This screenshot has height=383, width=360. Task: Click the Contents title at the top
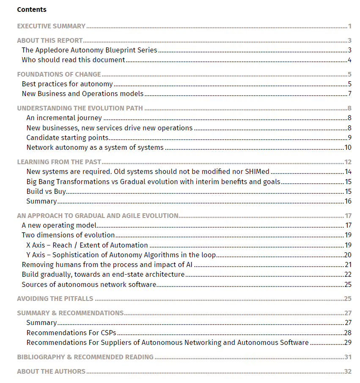pos(32,9)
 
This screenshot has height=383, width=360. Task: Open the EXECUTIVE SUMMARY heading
pos(51,26)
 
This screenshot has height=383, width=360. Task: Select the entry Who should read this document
pos(73,60)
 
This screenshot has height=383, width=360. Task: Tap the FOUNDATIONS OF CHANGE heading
pos(59,74)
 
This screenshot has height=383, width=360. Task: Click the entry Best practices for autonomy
pos(67,84)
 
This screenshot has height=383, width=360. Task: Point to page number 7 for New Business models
pos(350,94)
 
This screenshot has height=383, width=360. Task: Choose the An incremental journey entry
pos(64,118)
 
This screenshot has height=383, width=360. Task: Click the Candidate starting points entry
pos(67,138)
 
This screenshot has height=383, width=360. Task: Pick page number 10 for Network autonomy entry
pos(348,148)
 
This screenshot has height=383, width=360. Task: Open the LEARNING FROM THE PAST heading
pos(59,162)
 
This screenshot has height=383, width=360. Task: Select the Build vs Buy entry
pos(46,191)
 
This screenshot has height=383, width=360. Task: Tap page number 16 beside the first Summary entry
pos(348,201)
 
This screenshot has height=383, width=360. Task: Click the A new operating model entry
pos(59,225)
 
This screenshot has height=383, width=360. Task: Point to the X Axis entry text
pos(87,245)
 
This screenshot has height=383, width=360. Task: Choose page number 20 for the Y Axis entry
pos(348,255)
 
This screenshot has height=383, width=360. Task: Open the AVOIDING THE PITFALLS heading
pos(55,299)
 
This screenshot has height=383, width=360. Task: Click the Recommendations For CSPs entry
pos(71,333)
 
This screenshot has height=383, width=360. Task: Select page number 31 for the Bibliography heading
pos(348,357)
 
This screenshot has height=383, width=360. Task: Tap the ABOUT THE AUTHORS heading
pos(51,372)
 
